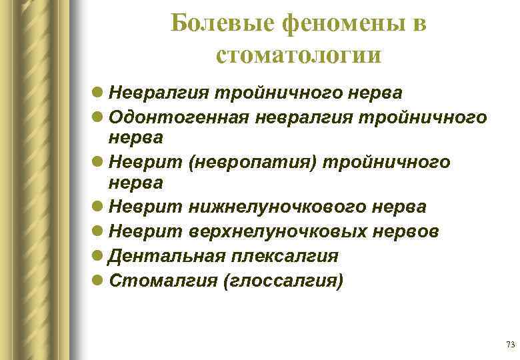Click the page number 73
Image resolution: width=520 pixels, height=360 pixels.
[x=511, y=345]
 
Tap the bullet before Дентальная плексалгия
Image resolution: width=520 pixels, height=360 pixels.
[x=98, y=256]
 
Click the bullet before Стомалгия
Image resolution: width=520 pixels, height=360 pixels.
[x=98, y=281]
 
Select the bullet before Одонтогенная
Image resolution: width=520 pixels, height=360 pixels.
[x=98, y=117]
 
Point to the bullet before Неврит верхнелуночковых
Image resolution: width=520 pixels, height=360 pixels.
[x=98, y=231]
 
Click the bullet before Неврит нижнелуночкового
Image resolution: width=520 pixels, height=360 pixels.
[x=98, y=207]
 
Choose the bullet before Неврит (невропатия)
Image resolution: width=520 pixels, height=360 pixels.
[x=98, y=162]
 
